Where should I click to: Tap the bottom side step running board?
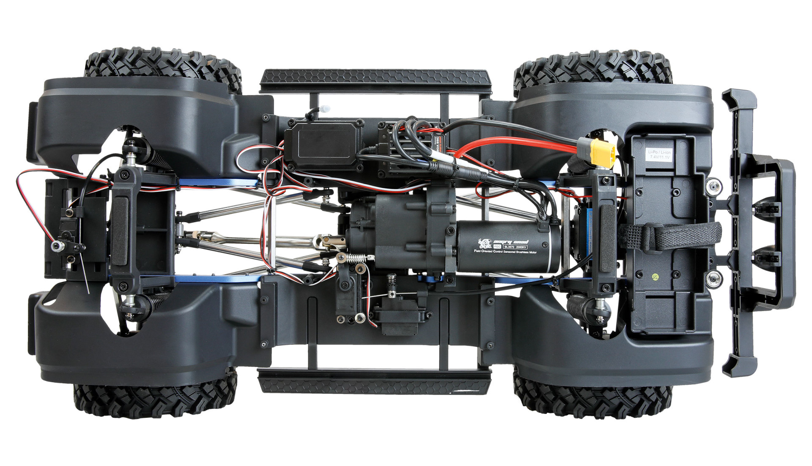coord(374,379)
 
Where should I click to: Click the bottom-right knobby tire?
coord(592,398)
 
